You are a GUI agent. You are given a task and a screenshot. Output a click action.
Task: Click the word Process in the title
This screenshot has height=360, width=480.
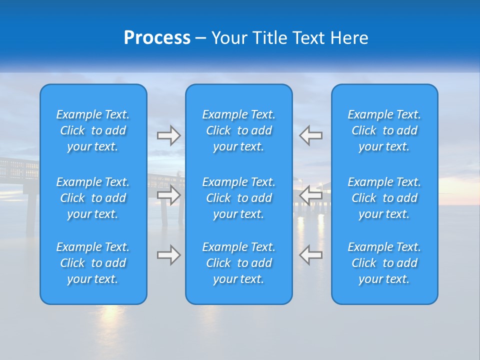pyautogui.click(x=157, y=38)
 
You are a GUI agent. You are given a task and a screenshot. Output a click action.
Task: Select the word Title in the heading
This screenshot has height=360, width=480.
pyautogui.click(x=270, y=38)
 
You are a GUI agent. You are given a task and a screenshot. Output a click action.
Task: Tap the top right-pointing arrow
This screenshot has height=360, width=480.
pyautogui.click(x=169, y=135)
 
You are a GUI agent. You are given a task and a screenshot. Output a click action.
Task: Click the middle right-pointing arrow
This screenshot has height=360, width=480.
pyautogui.click(x=169, y=195)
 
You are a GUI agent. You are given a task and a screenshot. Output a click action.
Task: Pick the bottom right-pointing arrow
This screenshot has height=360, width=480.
pyautogui.click(x=169, y=255)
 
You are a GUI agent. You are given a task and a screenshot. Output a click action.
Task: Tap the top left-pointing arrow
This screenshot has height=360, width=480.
pyautogui.click(x=310, y=135)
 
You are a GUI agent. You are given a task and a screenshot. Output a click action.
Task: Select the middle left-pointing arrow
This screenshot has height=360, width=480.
pyautogui.click(x=310, y=195)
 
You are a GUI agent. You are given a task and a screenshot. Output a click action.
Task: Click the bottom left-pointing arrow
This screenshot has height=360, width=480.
pyautogui.click(x=310, y=255)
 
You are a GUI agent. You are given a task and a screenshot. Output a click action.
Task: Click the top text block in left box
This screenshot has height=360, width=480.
pyautogui.click(x=93, y=130)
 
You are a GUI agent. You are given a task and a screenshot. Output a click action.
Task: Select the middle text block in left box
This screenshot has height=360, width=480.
pyautogui.click(x=93, y=198)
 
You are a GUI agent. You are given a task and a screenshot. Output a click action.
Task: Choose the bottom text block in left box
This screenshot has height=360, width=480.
pyautogui.click(x=93, y=263)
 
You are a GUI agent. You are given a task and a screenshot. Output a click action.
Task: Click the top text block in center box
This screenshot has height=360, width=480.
pyautogui.click(x=238, y=130)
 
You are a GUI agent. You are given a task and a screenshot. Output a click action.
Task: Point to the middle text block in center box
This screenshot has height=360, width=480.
pyautogui.click(x=238, y=198)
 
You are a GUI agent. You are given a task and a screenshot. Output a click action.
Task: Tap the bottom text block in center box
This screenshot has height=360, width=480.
pyautogui.click(x=238, y=263)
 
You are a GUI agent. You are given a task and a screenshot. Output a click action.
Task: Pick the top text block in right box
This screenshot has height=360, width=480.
pyautogui.click(x=384, y=130)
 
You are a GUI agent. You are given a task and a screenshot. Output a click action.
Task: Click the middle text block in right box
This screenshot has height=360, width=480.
pyautogui.click(x=384, y=198)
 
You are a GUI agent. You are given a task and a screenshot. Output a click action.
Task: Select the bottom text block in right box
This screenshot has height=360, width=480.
pyautogui.click(x=384, y=263)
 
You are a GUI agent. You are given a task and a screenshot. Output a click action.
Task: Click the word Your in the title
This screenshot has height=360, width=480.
pyautogui.click(x=230, y=38)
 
